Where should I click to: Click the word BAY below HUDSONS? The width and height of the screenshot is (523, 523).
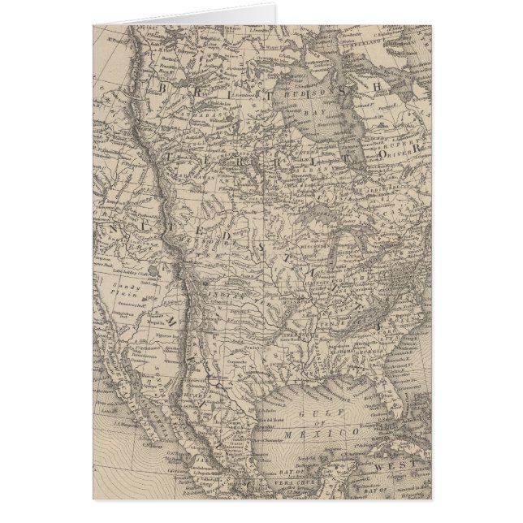[x=325, y=110]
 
